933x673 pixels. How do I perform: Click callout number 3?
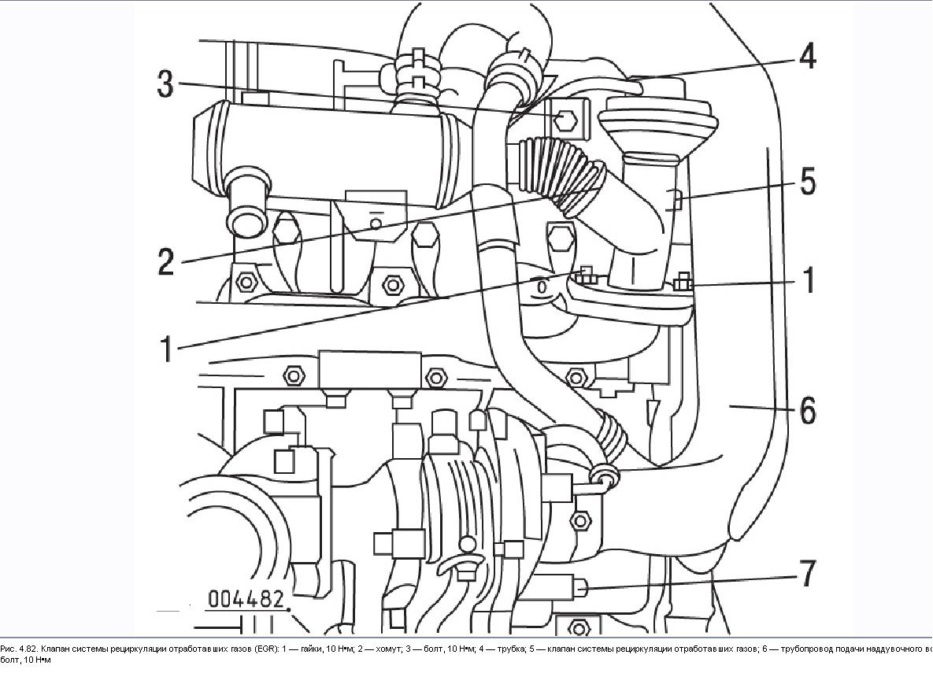click(165, 83)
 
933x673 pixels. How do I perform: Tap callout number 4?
click(806, 57)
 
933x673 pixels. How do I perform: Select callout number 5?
click(808, 182)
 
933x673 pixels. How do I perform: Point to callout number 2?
click(165, 261)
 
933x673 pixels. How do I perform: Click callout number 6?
click(808, 410)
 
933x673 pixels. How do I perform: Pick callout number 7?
click(808, 573)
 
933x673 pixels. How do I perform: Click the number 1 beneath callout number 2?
click(166, 347)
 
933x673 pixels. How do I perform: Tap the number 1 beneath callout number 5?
click(808, 281)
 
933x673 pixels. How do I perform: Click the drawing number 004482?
click(246, 599)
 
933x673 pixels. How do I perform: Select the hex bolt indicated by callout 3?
click(565, 120)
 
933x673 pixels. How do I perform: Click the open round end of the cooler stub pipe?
click(246, 216)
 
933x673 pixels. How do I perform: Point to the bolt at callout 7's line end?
click(580, 586)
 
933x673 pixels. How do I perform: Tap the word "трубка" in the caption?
click(506, 649)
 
